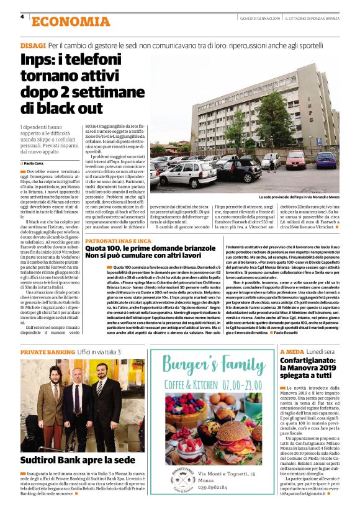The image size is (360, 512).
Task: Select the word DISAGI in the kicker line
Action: click(33, 47)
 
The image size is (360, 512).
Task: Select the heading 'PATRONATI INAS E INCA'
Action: click(118, 240)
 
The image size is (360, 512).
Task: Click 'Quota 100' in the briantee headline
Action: click(103, 248)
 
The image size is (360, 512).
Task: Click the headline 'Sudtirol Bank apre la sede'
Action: click(78, 460)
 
